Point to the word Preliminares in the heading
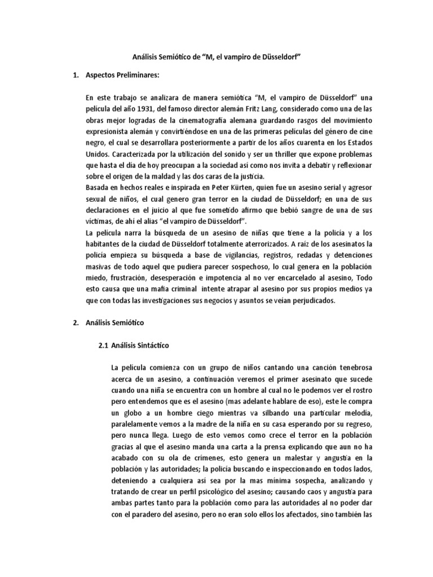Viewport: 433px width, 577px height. pos(135,75)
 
